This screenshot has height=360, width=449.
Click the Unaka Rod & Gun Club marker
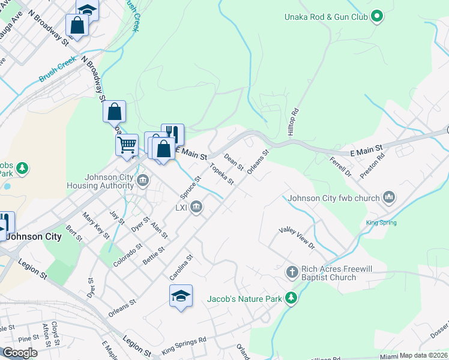pos(377,17)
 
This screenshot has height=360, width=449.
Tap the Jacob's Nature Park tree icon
pos(291,298)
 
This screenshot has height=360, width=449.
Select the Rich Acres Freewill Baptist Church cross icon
pos(292,272)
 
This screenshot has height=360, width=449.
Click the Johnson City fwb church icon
pos(388,197)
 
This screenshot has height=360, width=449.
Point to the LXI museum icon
pos(196,208)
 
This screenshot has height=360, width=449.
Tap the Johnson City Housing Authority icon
pos(143,180)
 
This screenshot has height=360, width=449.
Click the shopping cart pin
pos(127,145)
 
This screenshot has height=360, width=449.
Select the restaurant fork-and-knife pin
pos(173,134)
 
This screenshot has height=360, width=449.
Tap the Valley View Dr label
pos(297,238)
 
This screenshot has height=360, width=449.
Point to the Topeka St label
pos(220,174)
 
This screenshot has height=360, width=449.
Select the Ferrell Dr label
pos(340,166)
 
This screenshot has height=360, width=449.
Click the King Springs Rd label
pos(184,346)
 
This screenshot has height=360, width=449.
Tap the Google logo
pos(20,352)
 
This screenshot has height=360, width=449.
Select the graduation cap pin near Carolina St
pos(181,296)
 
